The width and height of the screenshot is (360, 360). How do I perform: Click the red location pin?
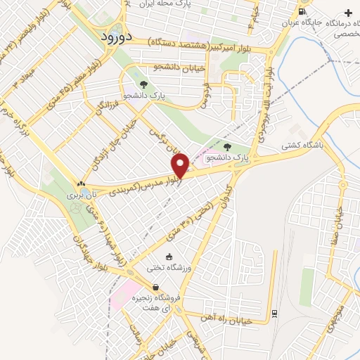point(181,165)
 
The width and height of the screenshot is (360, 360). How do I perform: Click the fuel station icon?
point(302,11)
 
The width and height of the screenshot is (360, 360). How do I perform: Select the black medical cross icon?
point(349,13)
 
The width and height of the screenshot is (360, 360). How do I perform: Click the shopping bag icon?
point(155,287)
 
